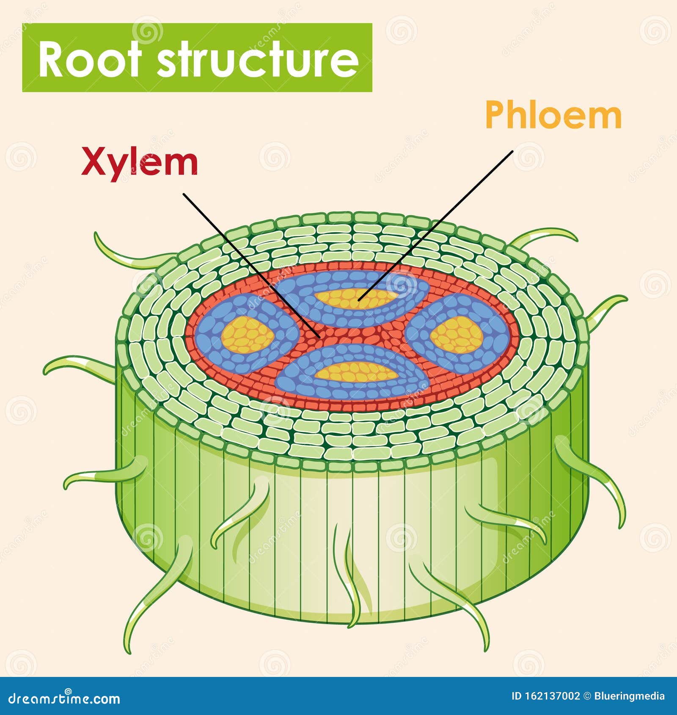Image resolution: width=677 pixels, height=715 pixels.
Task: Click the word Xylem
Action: pyautogui.click(x=140, y=162)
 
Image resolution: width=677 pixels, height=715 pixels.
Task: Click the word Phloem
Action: pyautogui.click(x=553, y=115)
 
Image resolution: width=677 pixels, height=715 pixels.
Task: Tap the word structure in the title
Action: pyautogui.click(x=258, y=59)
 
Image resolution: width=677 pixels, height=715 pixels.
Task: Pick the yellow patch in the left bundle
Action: pyautogui.click(x=248, y=335)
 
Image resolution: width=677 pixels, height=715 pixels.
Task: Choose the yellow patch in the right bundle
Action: pyautogui.click(x=457, y=335)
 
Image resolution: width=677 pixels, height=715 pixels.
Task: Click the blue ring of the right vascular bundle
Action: pyautogui.click(x=499, y=334)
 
